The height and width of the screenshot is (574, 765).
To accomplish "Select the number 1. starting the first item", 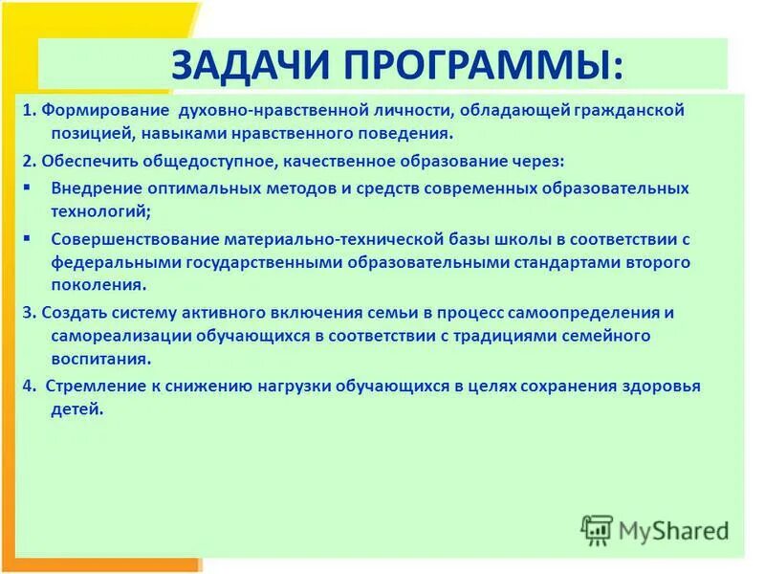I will [x=30, y=111].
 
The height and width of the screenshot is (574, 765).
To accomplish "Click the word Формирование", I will [x=105, y=111].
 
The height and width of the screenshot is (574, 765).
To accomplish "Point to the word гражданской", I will [x=631, y=111].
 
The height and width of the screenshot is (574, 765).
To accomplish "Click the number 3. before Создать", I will [x=30, y=312].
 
